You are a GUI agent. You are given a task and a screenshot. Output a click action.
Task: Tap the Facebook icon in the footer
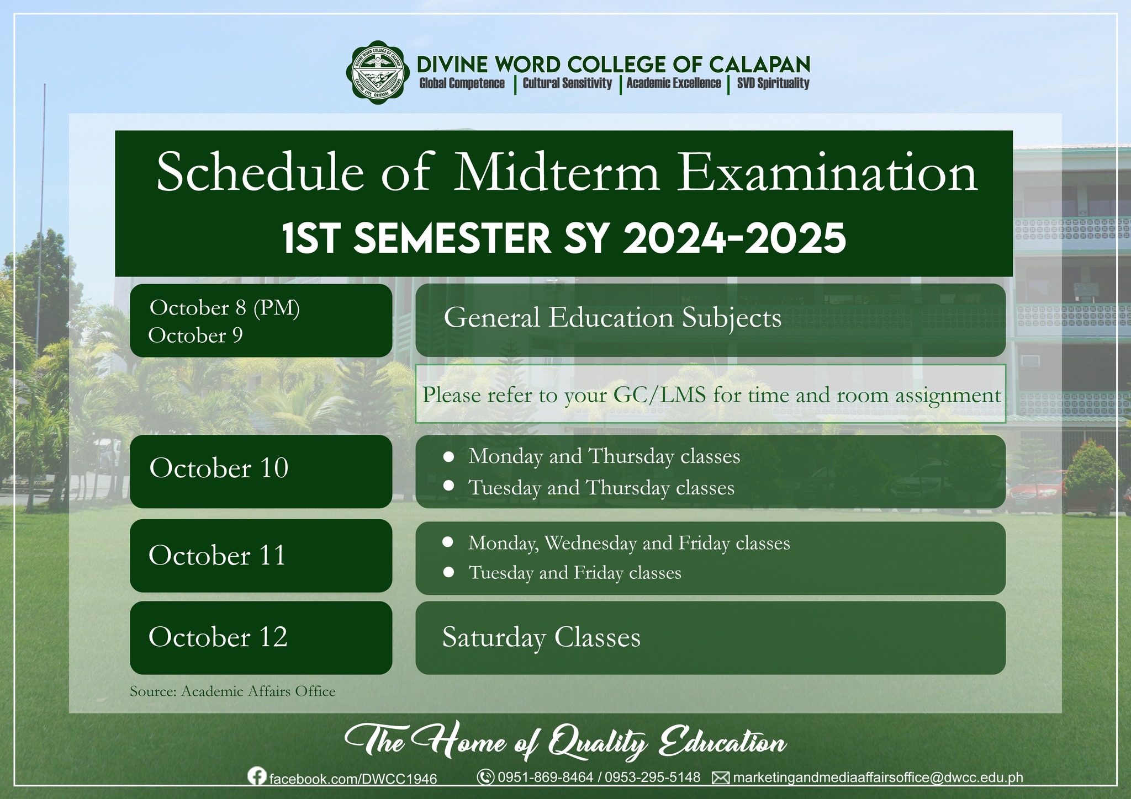coord(256,776)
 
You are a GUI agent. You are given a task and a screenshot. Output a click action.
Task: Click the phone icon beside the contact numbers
coord(485,777)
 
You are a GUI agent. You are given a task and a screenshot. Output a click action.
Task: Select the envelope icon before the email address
coord(720,778)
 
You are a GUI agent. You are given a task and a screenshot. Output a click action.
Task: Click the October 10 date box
coord(261,471)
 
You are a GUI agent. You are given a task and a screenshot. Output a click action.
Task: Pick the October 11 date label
coord(217,555)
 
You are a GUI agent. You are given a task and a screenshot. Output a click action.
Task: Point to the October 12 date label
coord(218,637)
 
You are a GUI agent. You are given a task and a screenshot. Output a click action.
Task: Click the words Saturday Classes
coord(541,638)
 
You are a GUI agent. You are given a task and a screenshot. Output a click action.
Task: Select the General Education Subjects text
coord(612,318)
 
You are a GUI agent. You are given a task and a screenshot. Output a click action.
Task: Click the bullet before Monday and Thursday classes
coord(449,457)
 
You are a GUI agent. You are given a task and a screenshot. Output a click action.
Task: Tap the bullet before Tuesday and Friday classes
coord(449,573)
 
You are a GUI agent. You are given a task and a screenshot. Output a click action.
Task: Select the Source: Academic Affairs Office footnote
coord(232,691)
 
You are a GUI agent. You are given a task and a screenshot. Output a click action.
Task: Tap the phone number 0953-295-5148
coord(653,777)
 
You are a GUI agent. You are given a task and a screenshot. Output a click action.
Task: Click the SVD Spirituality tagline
coord(773,83)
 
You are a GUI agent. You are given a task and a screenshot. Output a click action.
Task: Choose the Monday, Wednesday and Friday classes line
coord(629,544)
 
